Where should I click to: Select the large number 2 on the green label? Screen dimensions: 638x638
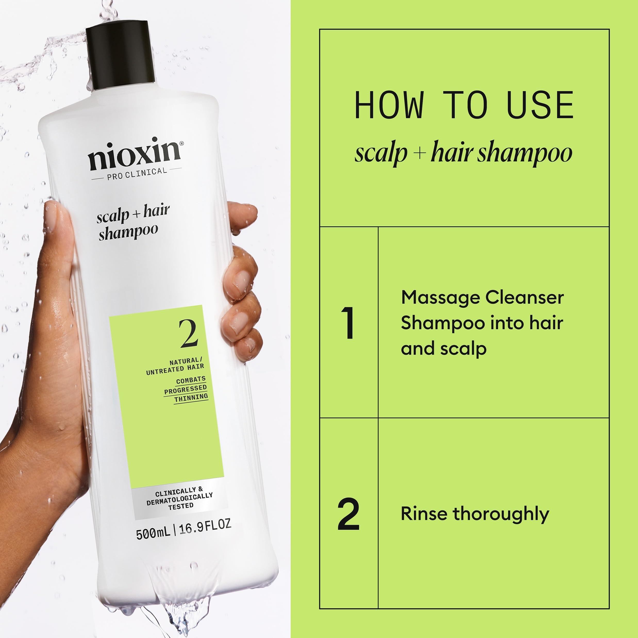tap(188, 334)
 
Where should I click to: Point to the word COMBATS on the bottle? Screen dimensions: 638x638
tap(190, 380)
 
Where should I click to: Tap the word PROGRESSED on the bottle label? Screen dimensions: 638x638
tap(185, 389)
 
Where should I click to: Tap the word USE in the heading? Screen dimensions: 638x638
tap(540, 105)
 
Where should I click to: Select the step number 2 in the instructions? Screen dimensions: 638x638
tap(349, 514)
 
